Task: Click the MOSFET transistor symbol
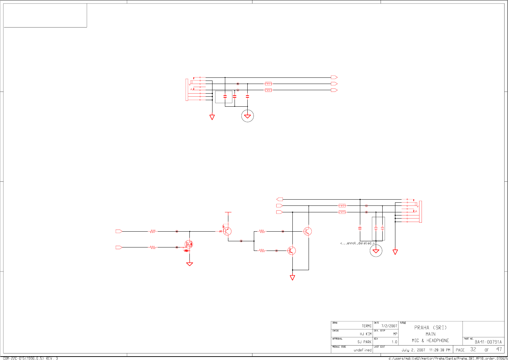coord(189,244)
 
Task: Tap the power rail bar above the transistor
coord(228,212)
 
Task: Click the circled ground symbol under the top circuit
coord(247,116)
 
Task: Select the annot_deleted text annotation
coord(357,243)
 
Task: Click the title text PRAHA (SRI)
coord(430,328)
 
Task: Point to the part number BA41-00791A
coord(488,342)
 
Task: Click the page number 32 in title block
coord(473,349)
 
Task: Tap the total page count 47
coord(499,349)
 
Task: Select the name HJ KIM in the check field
coord(365,334)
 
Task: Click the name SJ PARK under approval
coord(364,342)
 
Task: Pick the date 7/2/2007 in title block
coord(389,326)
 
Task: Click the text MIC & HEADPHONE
coord(430,341)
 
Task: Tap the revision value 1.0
coord(394,342)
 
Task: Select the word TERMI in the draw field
coord(366,326)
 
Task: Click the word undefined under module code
coord(362,350)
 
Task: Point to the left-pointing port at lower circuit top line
coord(280,199)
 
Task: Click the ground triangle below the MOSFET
coord(189,264)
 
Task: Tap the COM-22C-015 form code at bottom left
coord(30,358)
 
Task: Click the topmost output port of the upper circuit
coord(334,77)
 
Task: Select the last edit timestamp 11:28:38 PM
coord(439,350)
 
